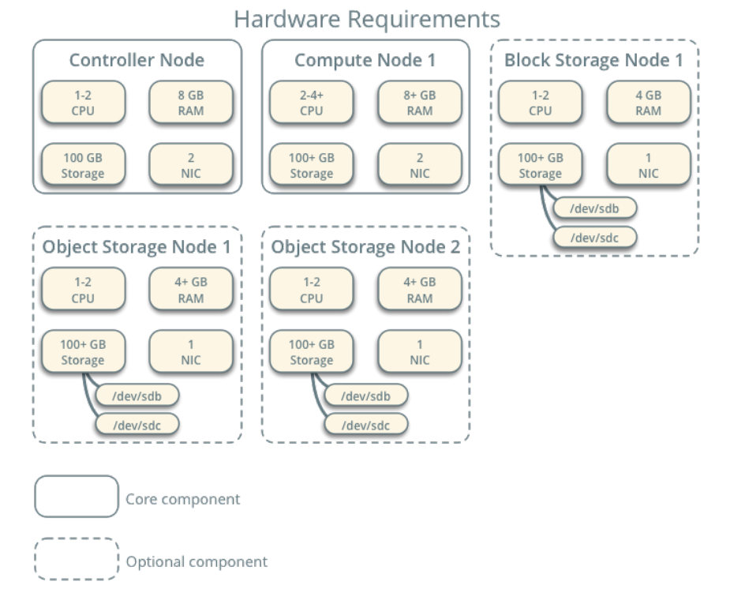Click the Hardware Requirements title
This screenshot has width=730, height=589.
click(x=367, y=19)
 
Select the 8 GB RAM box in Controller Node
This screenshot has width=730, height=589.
click(x=191, y=103)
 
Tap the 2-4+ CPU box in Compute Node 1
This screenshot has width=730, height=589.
click(x=312, y=103)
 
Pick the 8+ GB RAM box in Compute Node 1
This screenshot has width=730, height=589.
click(x=420, y=103)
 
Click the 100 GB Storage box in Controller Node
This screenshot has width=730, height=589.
click(x=83, y=165)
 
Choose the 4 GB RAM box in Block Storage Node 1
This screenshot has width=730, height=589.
click(x=649, y=103)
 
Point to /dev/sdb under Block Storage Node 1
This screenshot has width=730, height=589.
click(x=594, y=208)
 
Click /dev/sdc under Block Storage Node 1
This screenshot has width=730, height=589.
click(x=594, y=237)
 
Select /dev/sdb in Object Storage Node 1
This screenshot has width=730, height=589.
click(x=137, y=396)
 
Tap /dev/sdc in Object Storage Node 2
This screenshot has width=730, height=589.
click(x=366, y=425)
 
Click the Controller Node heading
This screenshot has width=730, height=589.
click(x=137, y=61)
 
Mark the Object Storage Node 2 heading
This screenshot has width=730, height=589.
click(x=365, y=247)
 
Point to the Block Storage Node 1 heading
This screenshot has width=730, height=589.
click(x=593, y=61)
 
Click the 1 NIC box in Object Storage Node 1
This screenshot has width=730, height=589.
click(x=191, y=352)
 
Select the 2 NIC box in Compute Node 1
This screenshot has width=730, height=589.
click(x=420, y=165)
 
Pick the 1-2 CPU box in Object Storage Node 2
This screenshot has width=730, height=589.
click(x=312, y=290)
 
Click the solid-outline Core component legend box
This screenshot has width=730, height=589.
click(x=77, y=497)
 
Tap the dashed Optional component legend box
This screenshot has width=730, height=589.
click(x=77, y=560)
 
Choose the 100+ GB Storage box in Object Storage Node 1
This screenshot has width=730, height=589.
click(x=83, y=352)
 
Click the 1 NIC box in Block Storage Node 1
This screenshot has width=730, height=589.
click(x=649, y=165)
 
